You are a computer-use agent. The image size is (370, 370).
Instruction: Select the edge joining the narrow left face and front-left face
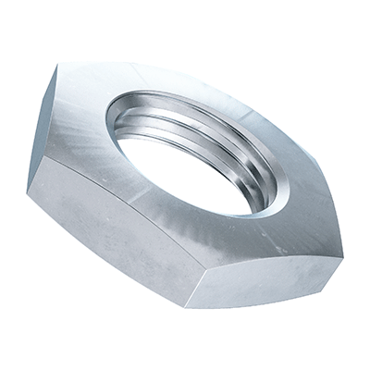pyautogui.click(x=43, y=166)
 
